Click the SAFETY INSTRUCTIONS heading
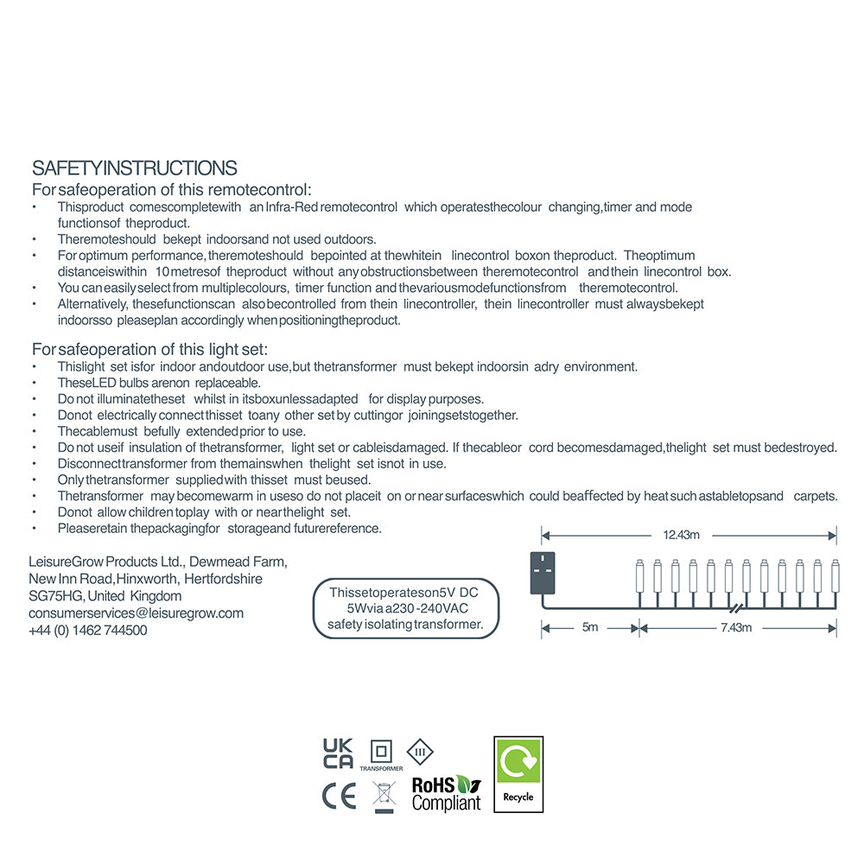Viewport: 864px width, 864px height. pos(134,168)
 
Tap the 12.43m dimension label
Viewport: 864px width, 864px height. pos(681,535)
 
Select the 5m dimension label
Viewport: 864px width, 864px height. pos(589,627)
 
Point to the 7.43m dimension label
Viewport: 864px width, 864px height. pos(736,627)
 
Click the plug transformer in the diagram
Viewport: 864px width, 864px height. pos(543,573)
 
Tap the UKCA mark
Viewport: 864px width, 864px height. pos(338,753)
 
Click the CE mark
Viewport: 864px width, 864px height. pos(338,797)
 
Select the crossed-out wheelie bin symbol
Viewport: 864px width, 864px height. pos(384,796)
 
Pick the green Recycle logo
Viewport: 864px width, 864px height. pos(518,774)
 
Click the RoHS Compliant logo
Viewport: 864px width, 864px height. pos(446,792)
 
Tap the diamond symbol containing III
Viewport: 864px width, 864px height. pos(420,751)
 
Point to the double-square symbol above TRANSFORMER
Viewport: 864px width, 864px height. pos(381,750)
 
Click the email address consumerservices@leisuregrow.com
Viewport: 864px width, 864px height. pos(136,613)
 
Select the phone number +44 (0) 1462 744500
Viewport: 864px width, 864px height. pos(88,631)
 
